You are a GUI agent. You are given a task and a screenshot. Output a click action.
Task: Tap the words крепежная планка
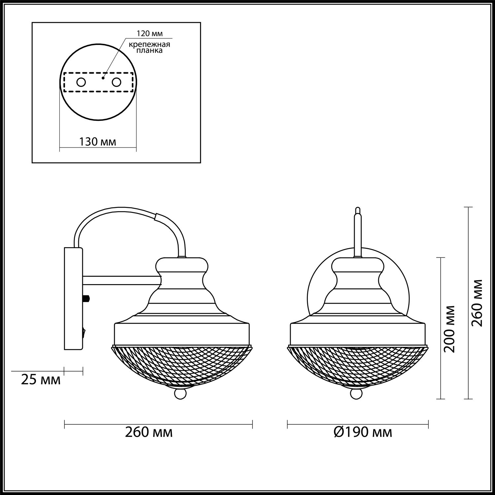click(149, 48)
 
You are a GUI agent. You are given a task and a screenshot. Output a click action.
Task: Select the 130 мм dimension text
click(98, 142)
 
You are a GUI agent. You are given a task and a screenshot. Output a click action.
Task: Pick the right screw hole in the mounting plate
click(116, 82)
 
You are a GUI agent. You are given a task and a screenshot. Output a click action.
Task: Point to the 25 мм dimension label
click(41, 380)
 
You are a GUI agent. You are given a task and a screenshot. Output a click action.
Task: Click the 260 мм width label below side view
click(149, 432)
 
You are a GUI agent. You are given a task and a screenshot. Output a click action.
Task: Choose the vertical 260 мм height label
click(477, 303)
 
